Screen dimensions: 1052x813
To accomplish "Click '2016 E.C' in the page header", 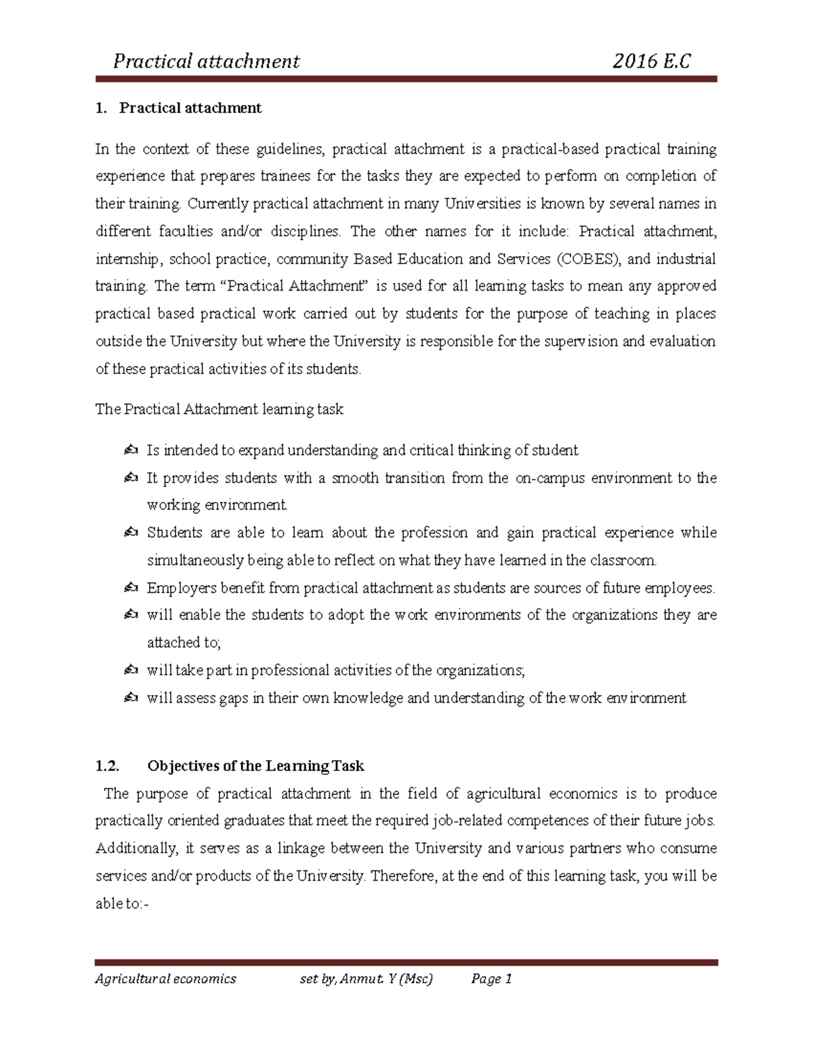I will [x=651, y=62].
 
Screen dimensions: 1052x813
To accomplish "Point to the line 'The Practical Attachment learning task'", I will [x=219, y=409].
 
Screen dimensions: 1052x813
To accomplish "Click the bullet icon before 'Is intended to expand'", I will [x=131, y=450].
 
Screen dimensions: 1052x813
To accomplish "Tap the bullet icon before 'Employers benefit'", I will [x=131, y=588].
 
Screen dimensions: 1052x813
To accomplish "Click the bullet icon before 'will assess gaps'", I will [x=131, y=698].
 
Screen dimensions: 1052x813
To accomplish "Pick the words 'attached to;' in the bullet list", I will [x=184, y=643].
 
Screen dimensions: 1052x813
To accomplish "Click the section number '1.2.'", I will [x=107, y=766].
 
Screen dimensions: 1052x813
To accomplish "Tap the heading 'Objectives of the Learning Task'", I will [x=255, y=766].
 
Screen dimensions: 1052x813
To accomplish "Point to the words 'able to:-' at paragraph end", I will [x=121, y=904].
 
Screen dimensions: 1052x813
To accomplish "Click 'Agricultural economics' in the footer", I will [x=165, y=979].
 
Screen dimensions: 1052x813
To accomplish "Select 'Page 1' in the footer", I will [x=491, y=979].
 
